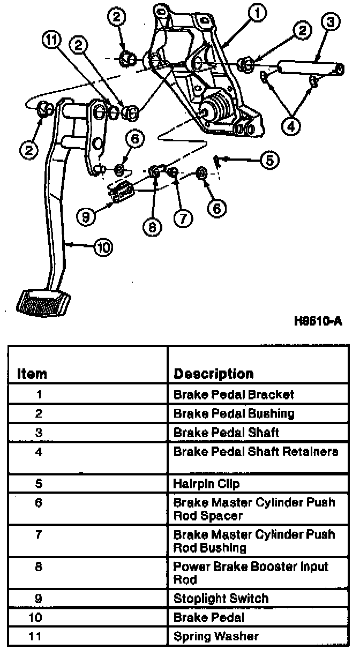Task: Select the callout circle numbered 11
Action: tap(52, 41)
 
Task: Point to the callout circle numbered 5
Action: tap(269, 158)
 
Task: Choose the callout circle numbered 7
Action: tap(182, 217)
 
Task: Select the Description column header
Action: tap(213, 374)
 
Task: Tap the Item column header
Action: tap(32, 374)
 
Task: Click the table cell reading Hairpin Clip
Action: tap(206, 484)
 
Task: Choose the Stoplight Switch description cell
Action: tap(221, 599)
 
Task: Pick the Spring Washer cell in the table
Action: tap(215, 636)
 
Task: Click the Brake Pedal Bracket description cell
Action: tap(234, 395)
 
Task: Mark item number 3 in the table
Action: tap(39, 432)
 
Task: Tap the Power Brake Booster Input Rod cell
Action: tap(251, 573)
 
